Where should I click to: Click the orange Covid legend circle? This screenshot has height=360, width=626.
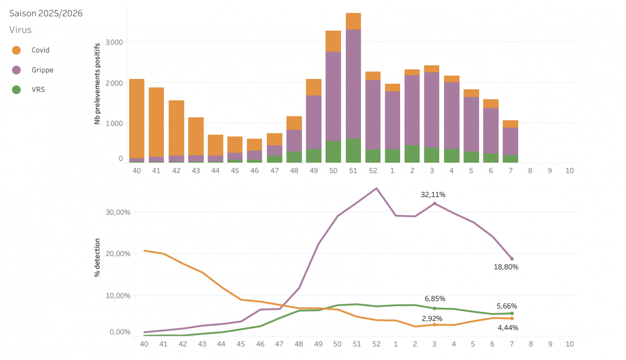(x=16, y=50)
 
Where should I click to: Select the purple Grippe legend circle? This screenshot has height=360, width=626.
(x=16, y=70)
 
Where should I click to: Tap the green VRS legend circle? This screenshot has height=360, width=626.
(x=16, y=90)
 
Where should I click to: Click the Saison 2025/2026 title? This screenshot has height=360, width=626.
(x=46, y=13)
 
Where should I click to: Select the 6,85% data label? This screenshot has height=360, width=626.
(x=434, y=299)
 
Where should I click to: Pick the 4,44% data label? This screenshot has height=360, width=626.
(x=507, y=328)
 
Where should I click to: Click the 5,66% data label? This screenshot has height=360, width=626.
(x=507, y=306)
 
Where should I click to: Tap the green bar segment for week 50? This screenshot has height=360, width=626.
(x=333, y=152)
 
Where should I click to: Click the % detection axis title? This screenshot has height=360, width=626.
(x=97, y=257)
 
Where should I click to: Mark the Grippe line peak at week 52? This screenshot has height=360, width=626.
(x=376, y=188)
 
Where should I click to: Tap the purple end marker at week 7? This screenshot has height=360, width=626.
(x=511, y=259)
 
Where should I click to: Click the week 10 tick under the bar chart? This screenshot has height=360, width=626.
(x=570, y=170)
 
